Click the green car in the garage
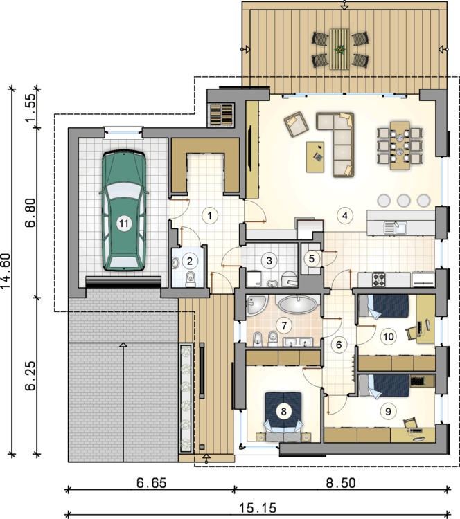pyautogui.click(x=123, y=210)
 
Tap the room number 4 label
pyautogui.click(x=345, y=216)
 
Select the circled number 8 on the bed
pyautogui.click(x=283, y=412)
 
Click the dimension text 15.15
pyautogui.click(x=258, y=507)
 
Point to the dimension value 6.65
pyautogui.click(x=152, y=483)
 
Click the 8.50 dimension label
pyautogui.click(x=341, y=483)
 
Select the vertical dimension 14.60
pyautogui.click(x=6, y=271)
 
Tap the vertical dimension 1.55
pyautogui.click(x=30, y=107)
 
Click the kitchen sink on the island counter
pyautogui.click(x=396, y=228)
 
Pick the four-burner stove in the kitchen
pyautogui.click(x=379, y=279)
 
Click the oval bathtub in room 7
pyautogui.click(x=297, y=304)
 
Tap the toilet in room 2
pyautogui.click(x=191, y=280)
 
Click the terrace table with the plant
pyautogui.click(x=339, y=49)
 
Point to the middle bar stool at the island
pyautogui.click(x=404, y=200)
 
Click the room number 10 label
pyautogui.click(x=389, y=336)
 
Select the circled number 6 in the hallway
pyautogui.click(x=338, y=345)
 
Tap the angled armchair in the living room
pyautogui.click(x=297, y=124)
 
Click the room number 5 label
pyautogui.click(x=312, y=258)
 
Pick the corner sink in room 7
pyautogui.click(x=256, y=305)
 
